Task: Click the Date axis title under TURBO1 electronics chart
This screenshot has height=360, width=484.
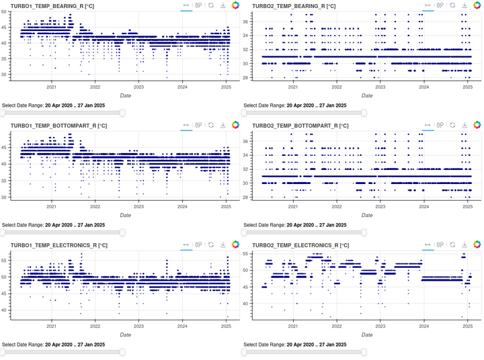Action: (125, 334)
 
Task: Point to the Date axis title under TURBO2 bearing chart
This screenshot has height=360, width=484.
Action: (367, 95)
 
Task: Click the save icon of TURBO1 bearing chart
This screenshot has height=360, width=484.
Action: (223, 5)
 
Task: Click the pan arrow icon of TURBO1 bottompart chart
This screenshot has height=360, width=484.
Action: (186, 125)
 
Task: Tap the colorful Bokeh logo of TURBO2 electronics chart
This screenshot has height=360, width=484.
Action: (477, 246)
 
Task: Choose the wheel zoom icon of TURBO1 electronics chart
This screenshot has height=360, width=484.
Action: (198, 246)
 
